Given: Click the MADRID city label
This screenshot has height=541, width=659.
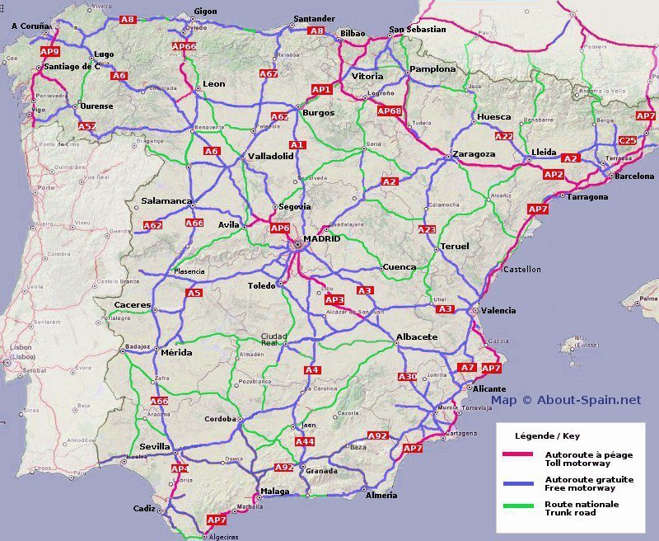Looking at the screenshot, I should [321, 239].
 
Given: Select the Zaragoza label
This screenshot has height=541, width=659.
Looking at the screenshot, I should [474, 154].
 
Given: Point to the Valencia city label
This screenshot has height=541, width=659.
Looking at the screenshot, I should [498, 310].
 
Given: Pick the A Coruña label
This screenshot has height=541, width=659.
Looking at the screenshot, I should [31, 26].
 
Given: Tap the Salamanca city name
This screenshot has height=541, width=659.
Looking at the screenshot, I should [166, 201].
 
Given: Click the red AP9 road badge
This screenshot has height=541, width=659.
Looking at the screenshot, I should [49, 51].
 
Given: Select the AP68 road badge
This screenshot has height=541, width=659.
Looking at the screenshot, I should [389, 111].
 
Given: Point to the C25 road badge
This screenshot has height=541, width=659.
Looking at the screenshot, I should [628, 141].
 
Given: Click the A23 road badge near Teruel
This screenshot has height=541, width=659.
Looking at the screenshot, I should [427, 229].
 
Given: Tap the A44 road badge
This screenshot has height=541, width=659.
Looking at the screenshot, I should [305, 442].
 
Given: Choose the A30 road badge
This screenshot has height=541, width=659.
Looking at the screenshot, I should [408, 377].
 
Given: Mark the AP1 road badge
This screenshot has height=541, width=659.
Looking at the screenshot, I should [321, 89].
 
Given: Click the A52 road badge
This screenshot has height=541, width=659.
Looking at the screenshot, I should [87, 126].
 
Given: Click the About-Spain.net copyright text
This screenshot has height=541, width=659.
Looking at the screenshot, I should [566, 400].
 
